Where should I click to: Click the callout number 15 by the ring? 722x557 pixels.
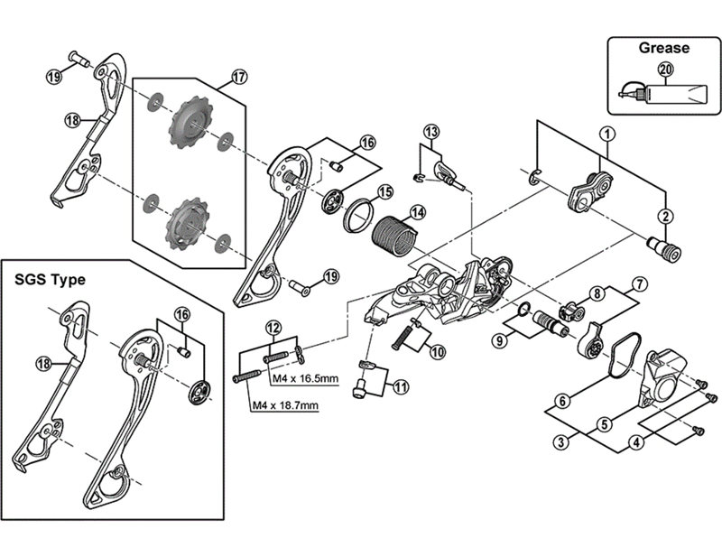point(384,192)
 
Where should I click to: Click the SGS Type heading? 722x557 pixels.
point(50,280)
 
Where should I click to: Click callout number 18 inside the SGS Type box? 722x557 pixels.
point(42,363)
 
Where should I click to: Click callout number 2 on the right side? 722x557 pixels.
point(665,216)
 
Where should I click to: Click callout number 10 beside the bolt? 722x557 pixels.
point(437,352)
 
